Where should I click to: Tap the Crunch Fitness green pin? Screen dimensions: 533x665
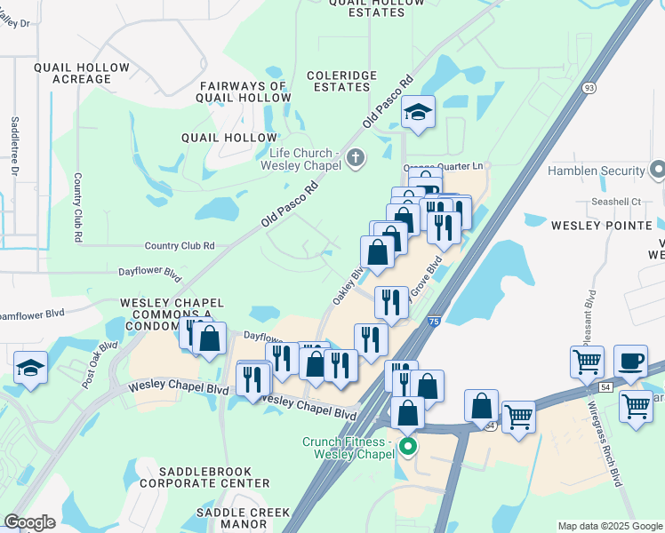408,446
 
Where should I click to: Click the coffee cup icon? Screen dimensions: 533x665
630,361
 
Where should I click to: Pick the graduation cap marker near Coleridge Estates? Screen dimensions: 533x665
417,112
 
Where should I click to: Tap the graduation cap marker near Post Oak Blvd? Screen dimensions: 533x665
30,368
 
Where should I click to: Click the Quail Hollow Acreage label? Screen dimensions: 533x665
72,73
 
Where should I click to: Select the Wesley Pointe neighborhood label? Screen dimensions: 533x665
602,226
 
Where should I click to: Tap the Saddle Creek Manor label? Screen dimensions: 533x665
244,518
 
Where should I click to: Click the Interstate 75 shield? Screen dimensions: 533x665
432,324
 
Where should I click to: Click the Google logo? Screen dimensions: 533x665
29,522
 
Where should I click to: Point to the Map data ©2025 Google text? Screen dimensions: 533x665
608,526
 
